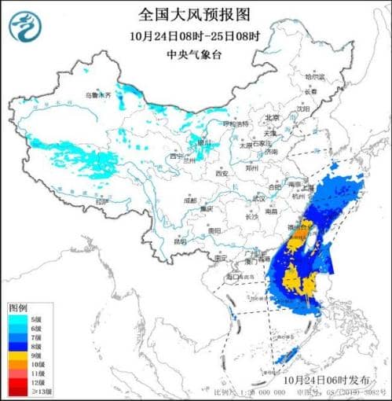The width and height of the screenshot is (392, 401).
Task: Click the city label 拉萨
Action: tap(100, 202)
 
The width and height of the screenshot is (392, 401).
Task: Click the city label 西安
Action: tap(221, 173)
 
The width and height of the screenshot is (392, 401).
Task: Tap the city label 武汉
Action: tap(258, 198)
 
